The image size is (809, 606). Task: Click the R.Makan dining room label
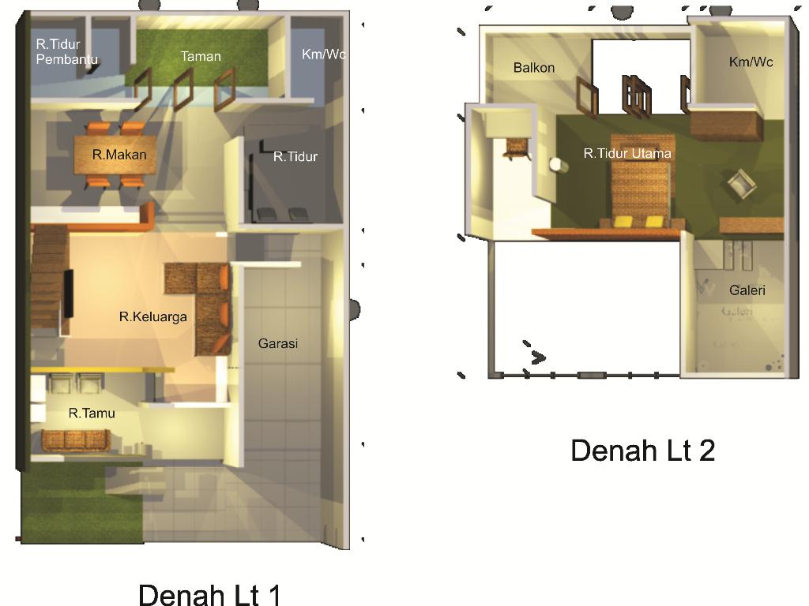119,155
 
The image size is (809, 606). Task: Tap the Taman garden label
201,56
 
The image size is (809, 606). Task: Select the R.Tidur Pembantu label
66,51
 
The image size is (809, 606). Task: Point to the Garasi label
277,343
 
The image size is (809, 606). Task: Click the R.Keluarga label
152,316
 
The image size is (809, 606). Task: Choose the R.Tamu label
92,413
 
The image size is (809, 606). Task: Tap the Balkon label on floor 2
534,68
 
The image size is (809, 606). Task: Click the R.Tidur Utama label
627,153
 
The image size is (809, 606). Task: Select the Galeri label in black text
747,290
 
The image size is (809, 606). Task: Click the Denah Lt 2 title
643,450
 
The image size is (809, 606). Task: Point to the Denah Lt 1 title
209,594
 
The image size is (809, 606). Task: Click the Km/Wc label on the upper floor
751,62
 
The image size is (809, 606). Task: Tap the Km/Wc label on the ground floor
323,54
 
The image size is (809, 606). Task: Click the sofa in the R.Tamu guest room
75,440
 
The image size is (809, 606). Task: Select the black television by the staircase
68,294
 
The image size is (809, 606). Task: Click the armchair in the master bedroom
742,184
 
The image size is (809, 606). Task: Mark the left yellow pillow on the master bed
623,221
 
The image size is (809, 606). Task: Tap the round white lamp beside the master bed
555,164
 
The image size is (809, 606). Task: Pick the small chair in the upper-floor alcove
517,148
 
